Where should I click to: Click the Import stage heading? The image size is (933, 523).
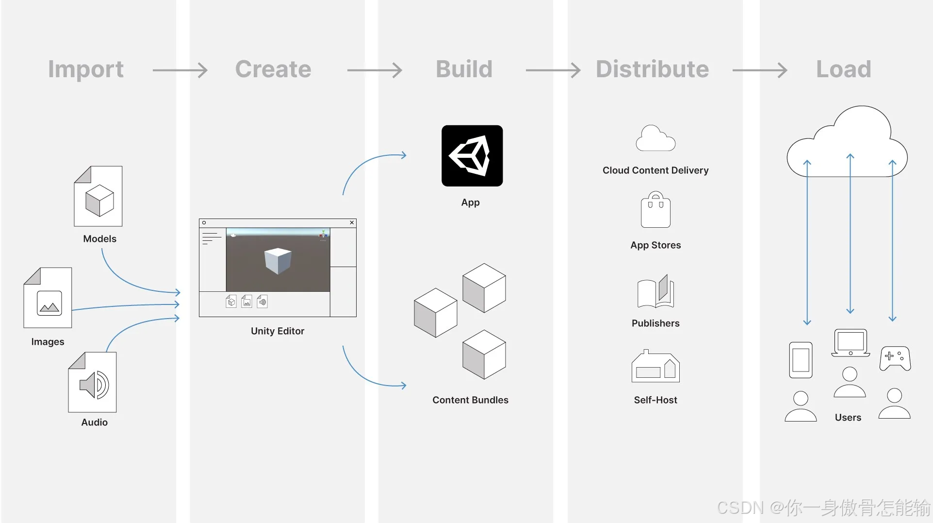[86, 69]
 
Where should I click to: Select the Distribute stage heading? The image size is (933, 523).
[652, 69]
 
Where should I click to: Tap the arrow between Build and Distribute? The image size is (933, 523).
[553, 70]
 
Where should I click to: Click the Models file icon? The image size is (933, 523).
[98, 197]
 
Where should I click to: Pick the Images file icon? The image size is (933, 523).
[48, 298]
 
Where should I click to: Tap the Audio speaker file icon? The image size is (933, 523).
[93, 383]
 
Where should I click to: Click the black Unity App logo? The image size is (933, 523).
[472, 156]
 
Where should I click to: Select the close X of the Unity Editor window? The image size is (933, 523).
[352, 223]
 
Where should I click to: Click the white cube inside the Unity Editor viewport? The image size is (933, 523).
[278, 260]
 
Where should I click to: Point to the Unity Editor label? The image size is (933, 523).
[278, 331]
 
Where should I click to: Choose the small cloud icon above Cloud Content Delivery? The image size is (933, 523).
[655, 139]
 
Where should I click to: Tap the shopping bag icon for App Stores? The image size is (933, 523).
[655, 210]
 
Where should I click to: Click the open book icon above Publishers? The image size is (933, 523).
[655, 291]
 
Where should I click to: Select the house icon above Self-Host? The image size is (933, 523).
[655, 367]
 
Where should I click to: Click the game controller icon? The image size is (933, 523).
[895, 358]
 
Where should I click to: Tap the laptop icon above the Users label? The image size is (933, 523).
[850, 343]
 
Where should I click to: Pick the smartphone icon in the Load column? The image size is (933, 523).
[801, 360]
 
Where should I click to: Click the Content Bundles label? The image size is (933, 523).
[470, 400]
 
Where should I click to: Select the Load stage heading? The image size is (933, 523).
[843, 69]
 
